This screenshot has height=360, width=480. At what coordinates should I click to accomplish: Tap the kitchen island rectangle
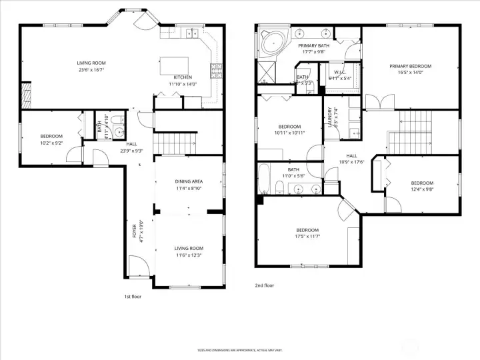pos(172,65)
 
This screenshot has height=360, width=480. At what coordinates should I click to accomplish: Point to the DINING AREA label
pos(189,181)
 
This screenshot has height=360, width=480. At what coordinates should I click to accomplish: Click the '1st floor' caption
pos(133,296)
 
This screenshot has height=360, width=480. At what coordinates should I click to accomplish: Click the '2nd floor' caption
pos(264,285)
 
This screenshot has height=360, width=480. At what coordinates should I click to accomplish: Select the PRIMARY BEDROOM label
pos(410,66)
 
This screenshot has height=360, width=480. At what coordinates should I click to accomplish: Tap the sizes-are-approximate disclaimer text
pos(239,349)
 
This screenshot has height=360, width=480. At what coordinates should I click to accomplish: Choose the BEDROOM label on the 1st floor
pos(51,137)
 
